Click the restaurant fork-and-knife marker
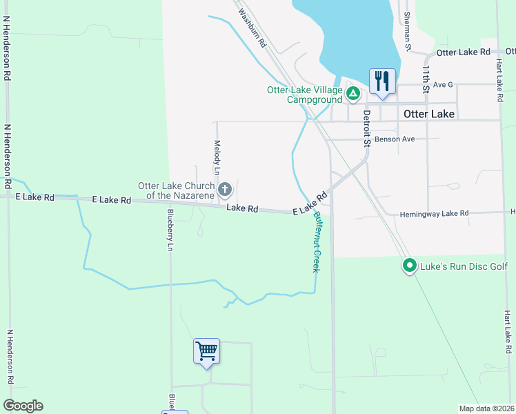click(x=382, y=81)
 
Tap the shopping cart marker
click(x=207, y=351)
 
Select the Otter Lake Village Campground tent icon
click(x=353, y=92)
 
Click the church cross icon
click(x=225, y=189)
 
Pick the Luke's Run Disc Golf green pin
click(x=409, y=265)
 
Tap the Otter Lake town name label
click(x=428, y=114)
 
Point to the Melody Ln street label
click(x=217, y=157)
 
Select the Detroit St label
click(x=367, y=128)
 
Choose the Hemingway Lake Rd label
click(x=434, y=215)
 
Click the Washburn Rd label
click(x=252, y=28)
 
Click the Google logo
click(x=23, y=406)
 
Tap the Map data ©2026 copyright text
click(x=486, y=408)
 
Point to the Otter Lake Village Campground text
click(x=304, y=95)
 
